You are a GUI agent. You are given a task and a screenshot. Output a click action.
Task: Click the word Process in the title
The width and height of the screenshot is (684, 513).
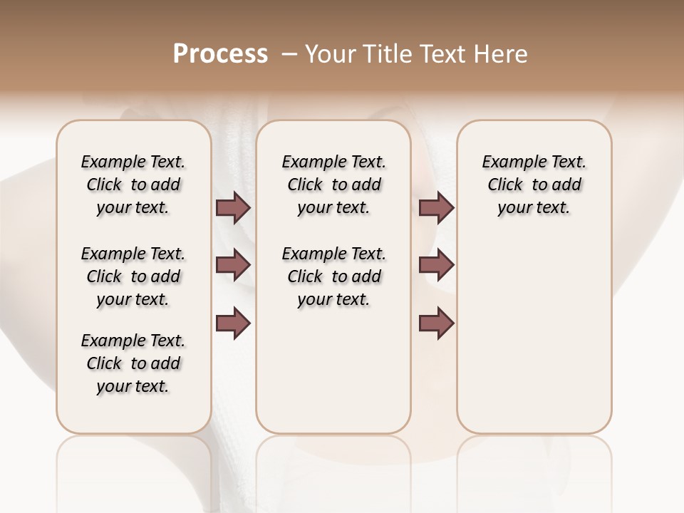[x=220, y=54]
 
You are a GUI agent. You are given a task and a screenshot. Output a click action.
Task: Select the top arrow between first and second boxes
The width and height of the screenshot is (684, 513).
[x=233, y=208]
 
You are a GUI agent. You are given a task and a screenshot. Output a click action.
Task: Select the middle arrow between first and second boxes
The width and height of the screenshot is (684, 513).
[x=233, y=265]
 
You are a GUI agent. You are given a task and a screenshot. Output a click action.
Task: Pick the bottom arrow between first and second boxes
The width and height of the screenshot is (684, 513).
[x=233, y=323]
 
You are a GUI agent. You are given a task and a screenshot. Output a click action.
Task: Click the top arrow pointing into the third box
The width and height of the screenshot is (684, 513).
[x=436, y=208]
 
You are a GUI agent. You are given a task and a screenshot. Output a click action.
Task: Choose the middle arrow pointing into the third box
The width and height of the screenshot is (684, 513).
[x=436, y=265]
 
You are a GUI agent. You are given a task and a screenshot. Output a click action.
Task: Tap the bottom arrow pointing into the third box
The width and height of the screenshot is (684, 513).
[x=436, y=323]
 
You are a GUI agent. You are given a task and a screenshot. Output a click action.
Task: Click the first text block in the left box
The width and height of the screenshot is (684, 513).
[x=133, y=185]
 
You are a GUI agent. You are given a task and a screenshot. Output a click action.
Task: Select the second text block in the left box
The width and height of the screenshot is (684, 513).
[x=133, y=276]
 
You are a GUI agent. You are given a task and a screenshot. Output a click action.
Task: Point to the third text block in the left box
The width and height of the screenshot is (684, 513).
[x=133, y=363]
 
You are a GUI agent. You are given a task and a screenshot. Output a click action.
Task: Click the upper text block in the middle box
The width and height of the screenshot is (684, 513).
[x=333, y=185]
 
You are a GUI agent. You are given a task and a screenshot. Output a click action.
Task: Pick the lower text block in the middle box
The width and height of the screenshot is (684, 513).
[x=333, y=276]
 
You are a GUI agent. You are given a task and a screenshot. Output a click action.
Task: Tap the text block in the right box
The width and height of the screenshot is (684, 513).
[x=534, y=185]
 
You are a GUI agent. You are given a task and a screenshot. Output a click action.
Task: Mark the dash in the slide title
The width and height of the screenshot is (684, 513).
[x=289, y=54]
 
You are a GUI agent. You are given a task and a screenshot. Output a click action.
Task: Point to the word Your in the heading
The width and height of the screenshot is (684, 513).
[x=331, y=54]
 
